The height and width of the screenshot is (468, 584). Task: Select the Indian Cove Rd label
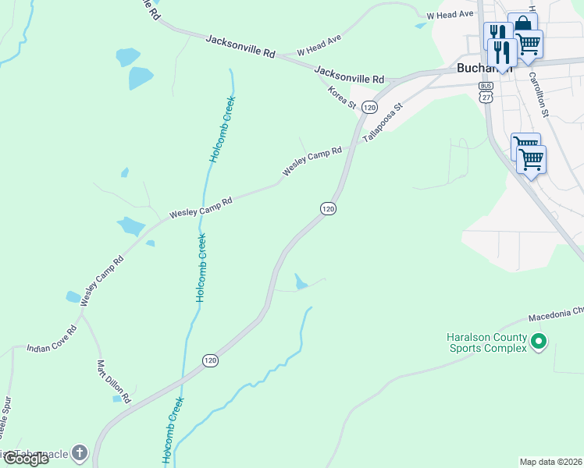click(52, 339)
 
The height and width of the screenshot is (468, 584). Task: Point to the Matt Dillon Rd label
click(112, 381)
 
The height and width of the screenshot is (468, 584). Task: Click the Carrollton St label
click(539, 94)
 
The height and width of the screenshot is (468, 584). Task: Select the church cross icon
click(80, 452)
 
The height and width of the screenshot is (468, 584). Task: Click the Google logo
click(25, 459)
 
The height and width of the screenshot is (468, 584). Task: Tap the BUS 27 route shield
click(486, 92)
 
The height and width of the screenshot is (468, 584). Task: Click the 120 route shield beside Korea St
click(370, 107)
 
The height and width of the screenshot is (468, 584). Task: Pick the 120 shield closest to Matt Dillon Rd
click(210, 360)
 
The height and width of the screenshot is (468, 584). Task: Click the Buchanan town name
click(476, 69)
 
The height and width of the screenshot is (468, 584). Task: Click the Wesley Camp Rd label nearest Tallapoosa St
click(312, 161)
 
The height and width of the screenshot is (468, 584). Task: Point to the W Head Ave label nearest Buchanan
click(450, 15)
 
